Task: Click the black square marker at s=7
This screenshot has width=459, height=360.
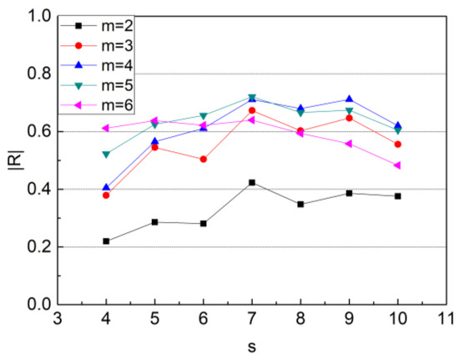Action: coord(252,182)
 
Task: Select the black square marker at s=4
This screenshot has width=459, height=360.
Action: coord(106,241)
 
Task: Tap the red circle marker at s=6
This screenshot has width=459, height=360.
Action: coord(203,160)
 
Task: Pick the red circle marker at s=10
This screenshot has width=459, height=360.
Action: coord(397,145)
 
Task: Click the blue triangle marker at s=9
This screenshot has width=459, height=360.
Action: coord(349,99)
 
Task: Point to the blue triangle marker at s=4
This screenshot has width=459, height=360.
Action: coord(106,187)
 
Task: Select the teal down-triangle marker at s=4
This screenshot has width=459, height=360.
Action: coord(106,155)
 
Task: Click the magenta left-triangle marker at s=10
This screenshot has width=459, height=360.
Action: coord(397,165)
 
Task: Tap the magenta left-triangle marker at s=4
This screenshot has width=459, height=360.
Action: coord(105,128)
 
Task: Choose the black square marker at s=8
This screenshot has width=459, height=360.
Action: coord(300,204)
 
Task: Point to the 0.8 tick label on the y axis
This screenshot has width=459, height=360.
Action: coord(39,74)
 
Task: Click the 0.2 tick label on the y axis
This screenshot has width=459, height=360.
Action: coord(39,247)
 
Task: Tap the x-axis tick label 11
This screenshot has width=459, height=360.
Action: coord(446,318)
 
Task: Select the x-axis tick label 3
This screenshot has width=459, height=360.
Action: coord(58,318)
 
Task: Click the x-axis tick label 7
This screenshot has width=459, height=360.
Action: coord(252,318)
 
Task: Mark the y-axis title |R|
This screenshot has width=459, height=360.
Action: coord(17,160)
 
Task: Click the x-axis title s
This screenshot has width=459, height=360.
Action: coord(252,347)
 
